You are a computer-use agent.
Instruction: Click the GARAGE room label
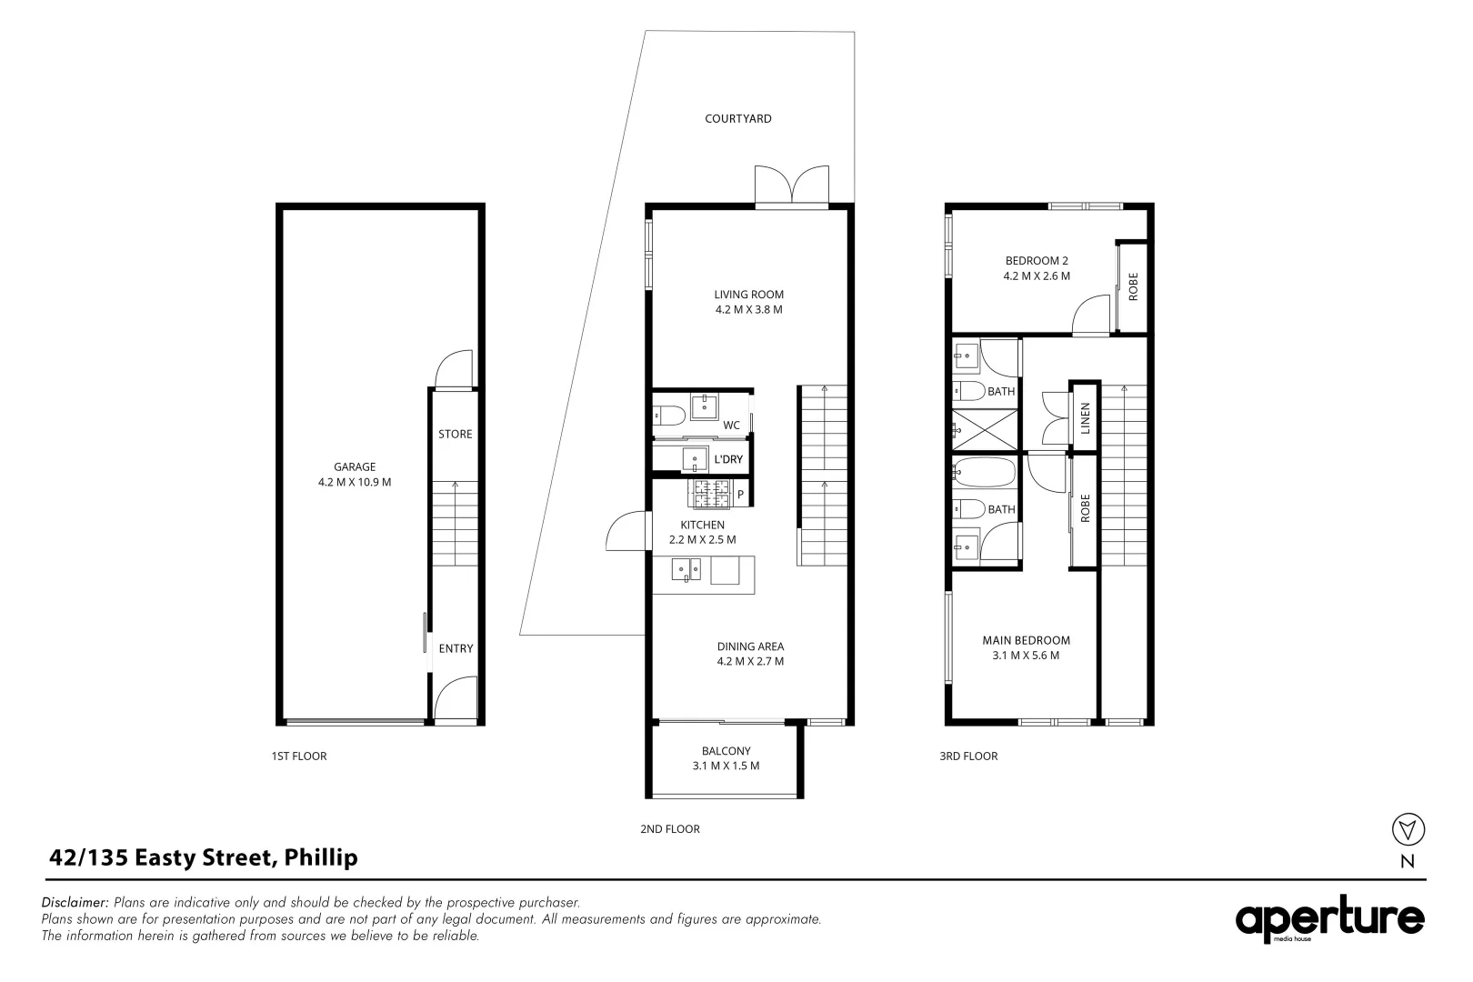point(355,467)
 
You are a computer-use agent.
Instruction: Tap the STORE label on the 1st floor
point(455,434)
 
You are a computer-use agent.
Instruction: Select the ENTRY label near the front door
point(456,648)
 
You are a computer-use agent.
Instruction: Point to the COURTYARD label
point(737,119)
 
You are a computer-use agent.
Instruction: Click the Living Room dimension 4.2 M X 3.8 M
point(749,310)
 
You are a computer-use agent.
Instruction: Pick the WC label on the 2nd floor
point(731,426)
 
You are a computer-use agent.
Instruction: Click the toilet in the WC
point(669,416)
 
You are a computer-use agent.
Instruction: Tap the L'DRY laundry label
point(728,459)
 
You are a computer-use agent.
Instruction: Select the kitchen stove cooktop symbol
point(709,494)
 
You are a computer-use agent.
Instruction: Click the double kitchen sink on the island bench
point(686,569)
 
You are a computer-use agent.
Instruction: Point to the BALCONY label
point(726,751)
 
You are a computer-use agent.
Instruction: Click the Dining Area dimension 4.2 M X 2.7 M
point(750,662)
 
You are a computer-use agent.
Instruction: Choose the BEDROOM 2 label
point(1037,261)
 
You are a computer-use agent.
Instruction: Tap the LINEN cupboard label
point(1085,418)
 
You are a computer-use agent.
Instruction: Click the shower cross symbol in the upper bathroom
point(985,430)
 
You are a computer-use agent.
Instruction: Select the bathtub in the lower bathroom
point(985,473)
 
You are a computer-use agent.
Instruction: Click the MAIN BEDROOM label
point(1026,641)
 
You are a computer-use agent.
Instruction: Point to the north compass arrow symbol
point(1408,829)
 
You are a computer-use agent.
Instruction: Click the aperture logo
point(1329,919)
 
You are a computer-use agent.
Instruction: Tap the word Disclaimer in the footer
point(75,902)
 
